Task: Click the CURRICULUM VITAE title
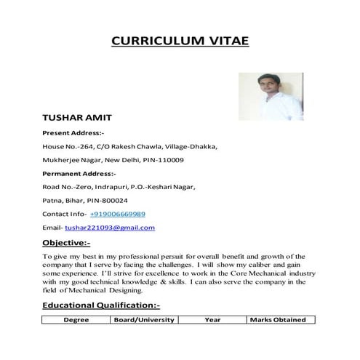[x=180, y=40]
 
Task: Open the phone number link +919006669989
[x=118, y=214]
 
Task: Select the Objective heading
[x=66, y=242]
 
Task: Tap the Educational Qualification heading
[x=101, y=305]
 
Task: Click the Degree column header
[x=76, y=320]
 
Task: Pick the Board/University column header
[x=144, y=320]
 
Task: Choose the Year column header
[x=212, y=320]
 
